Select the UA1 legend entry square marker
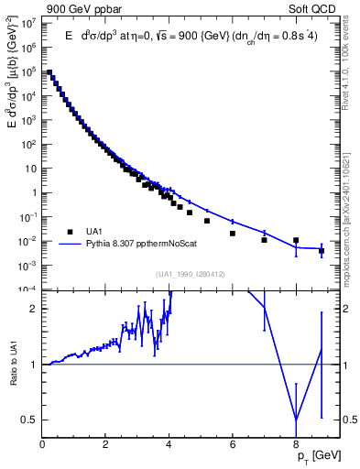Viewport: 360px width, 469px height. pyautogui.click(x=69, y=232)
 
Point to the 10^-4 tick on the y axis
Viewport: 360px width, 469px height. pyautogui.click(x=28, y=289)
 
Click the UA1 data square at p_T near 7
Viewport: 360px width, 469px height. pyautogui.click(x=264, y=240)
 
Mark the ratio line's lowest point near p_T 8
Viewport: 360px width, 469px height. pyautogui.click(x=296, y=420)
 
